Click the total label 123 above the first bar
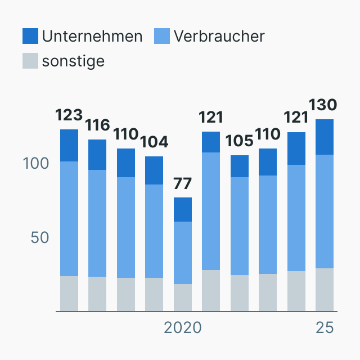[69, 115]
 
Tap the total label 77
[183, 183]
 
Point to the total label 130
[324, 105]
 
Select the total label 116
[97, 125]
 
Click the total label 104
[154, 142]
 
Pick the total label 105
[240, 141]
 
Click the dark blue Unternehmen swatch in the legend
[30, 36]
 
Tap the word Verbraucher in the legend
[219, 36]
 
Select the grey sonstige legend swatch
[30, 61]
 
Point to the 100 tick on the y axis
[36, 164]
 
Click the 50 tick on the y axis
[40, 237]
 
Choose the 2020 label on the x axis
[183, 327]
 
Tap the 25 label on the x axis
[325, 327]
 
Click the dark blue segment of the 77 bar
[183, 209]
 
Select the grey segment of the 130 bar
[325, 290]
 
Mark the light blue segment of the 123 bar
[69, 219]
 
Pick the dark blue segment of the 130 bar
[325, 137]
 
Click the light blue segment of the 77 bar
[183, 253]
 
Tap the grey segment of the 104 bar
[154, 294]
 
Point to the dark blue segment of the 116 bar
[97, 155]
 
